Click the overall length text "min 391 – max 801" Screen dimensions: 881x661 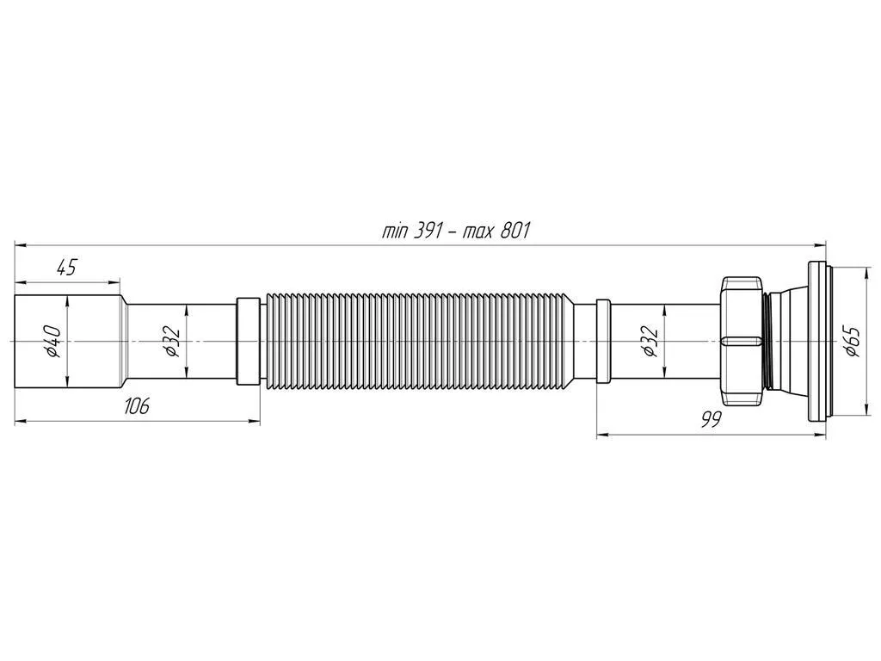[456, 231]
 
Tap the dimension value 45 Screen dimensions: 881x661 [66, 268]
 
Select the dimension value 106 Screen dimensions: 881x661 [137, 405]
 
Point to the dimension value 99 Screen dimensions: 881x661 [711, 419]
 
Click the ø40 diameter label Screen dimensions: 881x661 [53, 341]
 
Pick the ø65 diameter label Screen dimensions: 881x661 [853, 341]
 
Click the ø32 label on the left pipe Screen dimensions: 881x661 [171, 342]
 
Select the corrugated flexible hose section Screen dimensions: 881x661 [420, 341]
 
